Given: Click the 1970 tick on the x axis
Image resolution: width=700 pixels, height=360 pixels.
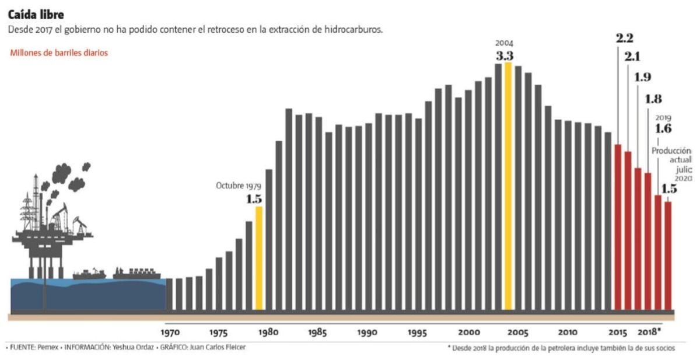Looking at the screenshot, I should click(x=170, y=332).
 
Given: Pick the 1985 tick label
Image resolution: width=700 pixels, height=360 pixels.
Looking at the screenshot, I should click(x=318, y=332).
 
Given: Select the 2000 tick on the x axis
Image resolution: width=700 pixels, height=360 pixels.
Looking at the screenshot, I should click(x=468, y=332).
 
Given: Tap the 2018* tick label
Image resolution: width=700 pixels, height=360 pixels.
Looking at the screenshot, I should click(x=650, y=332).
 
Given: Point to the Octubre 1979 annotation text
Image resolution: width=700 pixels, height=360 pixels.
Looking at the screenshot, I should click(x=238, y=186).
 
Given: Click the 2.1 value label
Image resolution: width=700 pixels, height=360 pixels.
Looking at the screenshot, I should click(x=633, y=57).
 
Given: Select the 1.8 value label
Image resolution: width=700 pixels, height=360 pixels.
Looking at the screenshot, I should click(x=654, y=98).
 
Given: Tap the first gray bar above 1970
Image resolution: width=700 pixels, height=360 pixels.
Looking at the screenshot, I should click(x=170, y=294).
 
